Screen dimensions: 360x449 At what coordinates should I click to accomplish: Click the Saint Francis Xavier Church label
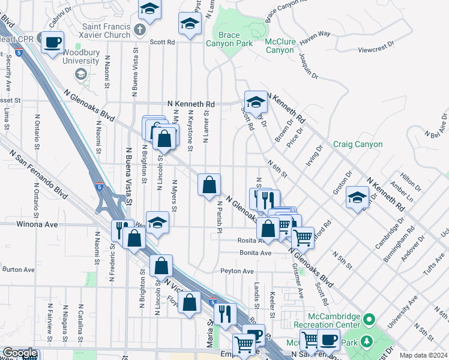[98, 31]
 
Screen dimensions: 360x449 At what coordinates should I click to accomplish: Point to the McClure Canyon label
[280, 46]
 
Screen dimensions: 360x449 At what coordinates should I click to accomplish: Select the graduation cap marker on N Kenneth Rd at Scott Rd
[256, 102]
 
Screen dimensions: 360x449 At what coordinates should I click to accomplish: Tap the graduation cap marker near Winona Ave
[157, 223]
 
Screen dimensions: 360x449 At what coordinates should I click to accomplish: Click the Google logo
[20, 353]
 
